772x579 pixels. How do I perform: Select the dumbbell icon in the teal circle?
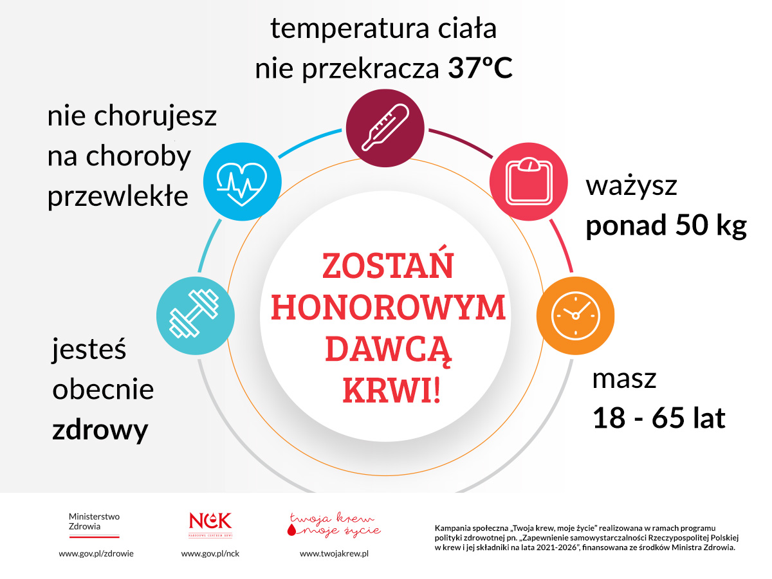195,316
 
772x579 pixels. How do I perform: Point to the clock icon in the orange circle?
575,316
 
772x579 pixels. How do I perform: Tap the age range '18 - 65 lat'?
659,418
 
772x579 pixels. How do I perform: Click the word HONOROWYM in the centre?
388,308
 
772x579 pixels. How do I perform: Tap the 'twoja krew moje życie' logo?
333,525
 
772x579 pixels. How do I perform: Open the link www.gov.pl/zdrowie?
96,553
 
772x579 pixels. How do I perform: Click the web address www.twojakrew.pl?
334,553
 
